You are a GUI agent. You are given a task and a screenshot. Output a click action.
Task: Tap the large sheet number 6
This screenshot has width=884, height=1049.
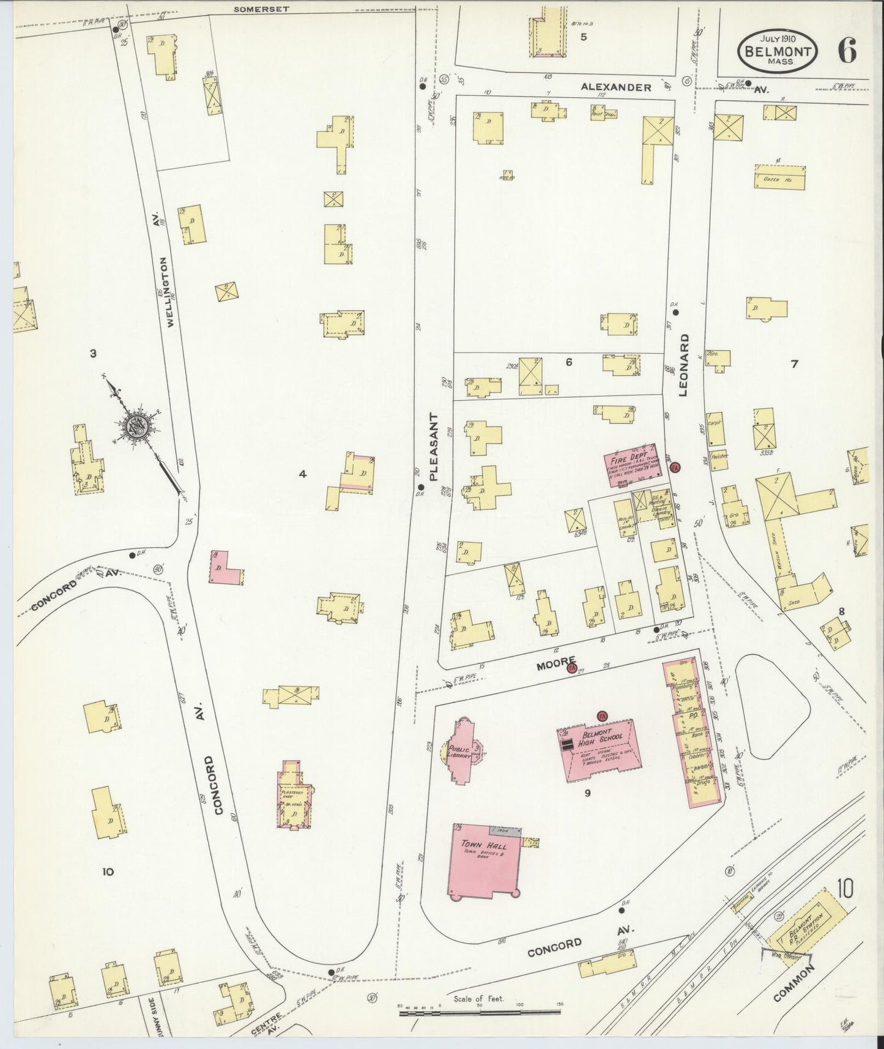point(847,51)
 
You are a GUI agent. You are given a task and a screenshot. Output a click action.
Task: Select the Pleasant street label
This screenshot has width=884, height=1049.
point(434,446)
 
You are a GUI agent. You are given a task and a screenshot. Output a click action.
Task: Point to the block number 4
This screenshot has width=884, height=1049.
point(302,474)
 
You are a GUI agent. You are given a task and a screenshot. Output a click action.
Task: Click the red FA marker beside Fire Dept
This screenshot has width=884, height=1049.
point(675,468)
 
